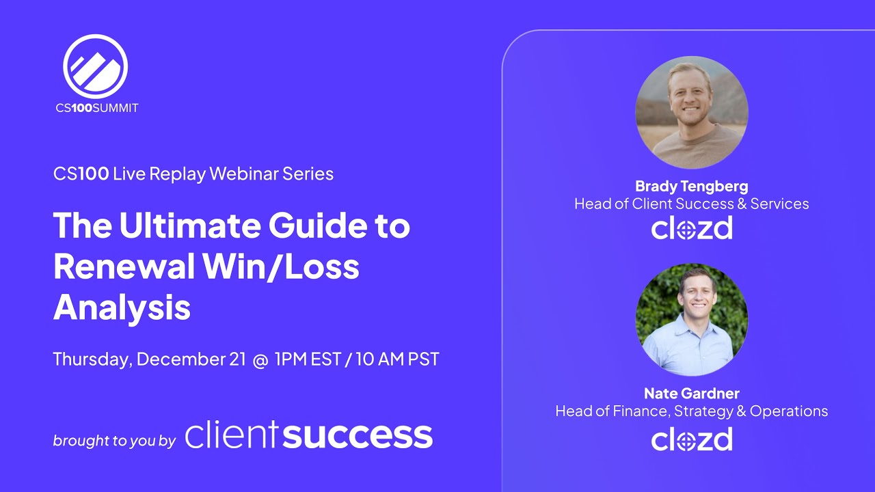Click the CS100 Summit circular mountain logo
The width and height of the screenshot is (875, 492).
click(x=96, y=66)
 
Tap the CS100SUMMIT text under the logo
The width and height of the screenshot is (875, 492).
click(x=97, y=108)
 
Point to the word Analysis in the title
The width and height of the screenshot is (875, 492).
click(x=122, y=307)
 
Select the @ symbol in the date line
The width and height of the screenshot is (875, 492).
click(x=260, y=359)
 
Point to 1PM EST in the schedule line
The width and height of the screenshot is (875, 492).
click(x=308, y=359)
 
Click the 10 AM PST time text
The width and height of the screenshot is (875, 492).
click(x=397, y=359)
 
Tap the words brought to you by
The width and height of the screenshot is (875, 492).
click(x=115, y=441)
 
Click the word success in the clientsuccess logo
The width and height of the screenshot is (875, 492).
click(x=358, y=435)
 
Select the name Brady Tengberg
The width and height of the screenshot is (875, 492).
click(x=691, y=186)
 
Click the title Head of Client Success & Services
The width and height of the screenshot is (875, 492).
click(x=691, y=204)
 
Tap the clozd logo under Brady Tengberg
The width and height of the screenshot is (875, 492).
click(x=691, y=228)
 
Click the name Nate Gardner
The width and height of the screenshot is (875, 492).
click(x=691, y=393)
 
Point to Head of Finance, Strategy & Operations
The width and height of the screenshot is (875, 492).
click(x=691, y=411)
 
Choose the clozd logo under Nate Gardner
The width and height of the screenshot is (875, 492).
click(x=691, y=439)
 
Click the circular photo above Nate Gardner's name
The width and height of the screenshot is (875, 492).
click(x=691, y=319)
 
